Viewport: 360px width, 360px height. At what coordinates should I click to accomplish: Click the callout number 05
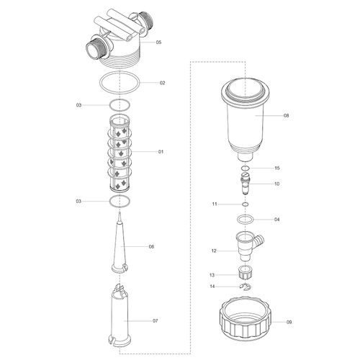pyautogui.click(x=158, y=42)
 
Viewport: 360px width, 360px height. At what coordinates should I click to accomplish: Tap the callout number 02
pyautogui.click(x=163, y=83)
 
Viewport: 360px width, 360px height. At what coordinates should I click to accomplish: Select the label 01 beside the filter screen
pyautogui.click(x=161, y=152)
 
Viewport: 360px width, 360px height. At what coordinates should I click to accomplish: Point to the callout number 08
pyautogui.click(x=286, y=115)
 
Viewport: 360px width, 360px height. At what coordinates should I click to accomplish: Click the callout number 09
pyautogui.click(x=289, y=322)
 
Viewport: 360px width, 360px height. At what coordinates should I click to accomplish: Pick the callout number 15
pyautogui.click(x=277, y=168)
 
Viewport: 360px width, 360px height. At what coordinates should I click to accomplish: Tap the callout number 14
pyautogui.click(x=212, y=287)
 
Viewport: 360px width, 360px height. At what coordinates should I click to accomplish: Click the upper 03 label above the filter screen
pyautogui.click(x=78, y=105)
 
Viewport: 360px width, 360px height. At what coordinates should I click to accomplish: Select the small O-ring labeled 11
pyautogui.click(x=246, y=204)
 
